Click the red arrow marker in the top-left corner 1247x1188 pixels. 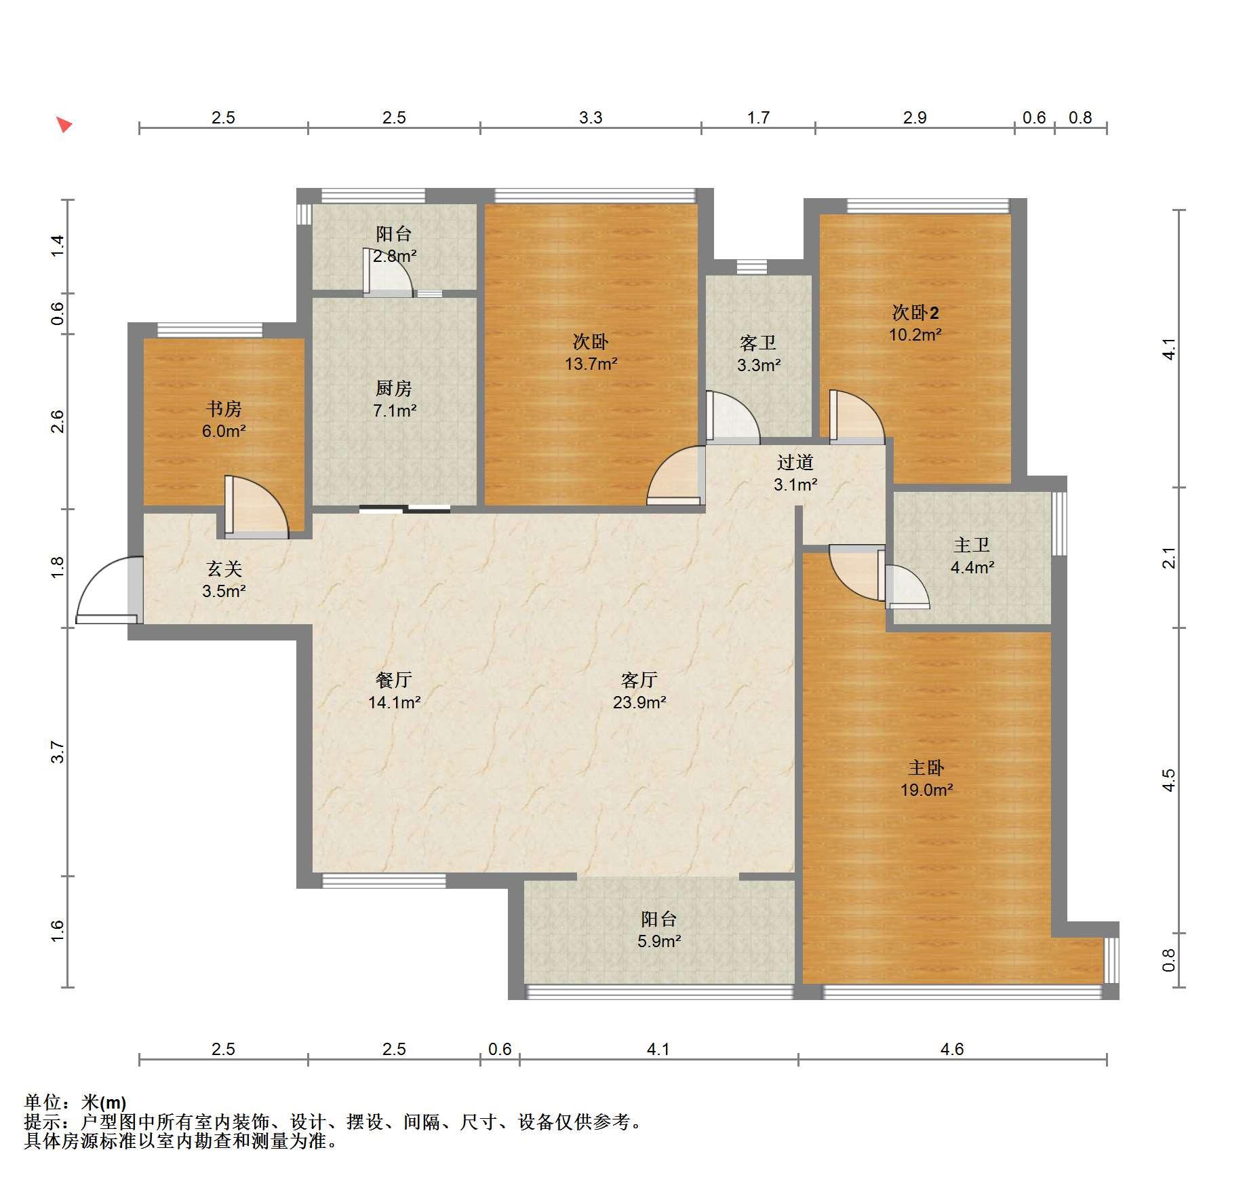coord(64,125)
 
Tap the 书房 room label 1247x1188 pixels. coord(224,409)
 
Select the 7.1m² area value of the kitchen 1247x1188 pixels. coord(395,410)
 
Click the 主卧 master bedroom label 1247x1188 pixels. coord(926,768)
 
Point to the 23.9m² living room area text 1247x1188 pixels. coord(639,702)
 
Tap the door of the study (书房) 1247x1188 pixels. coord(256,507)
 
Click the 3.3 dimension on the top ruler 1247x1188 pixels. coord(591,118)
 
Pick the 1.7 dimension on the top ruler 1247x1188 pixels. coord(758,118)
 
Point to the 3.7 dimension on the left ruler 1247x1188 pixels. coord(58,752)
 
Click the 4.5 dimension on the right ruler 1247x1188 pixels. coord(1168,780)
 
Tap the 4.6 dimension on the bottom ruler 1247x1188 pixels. coord(952,1050)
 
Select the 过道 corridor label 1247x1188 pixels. coord(795,463)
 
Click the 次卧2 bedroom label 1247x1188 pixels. coord(915,313)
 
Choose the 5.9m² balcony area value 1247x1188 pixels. coord(659,941)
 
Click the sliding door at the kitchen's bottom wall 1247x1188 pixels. coord(405,509)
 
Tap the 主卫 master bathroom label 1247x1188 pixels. coord(972,545)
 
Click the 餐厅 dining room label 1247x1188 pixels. coord(394,680)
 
